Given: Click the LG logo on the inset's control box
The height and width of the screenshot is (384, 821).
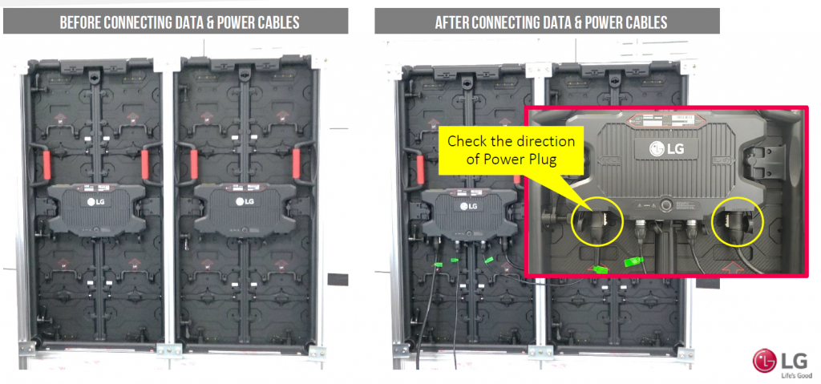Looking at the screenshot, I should pos(660,149).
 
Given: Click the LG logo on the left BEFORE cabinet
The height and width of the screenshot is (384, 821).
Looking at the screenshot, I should pos(96,202).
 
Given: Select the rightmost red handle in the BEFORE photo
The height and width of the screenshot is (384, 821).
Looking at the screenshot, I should pos(301,164).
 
